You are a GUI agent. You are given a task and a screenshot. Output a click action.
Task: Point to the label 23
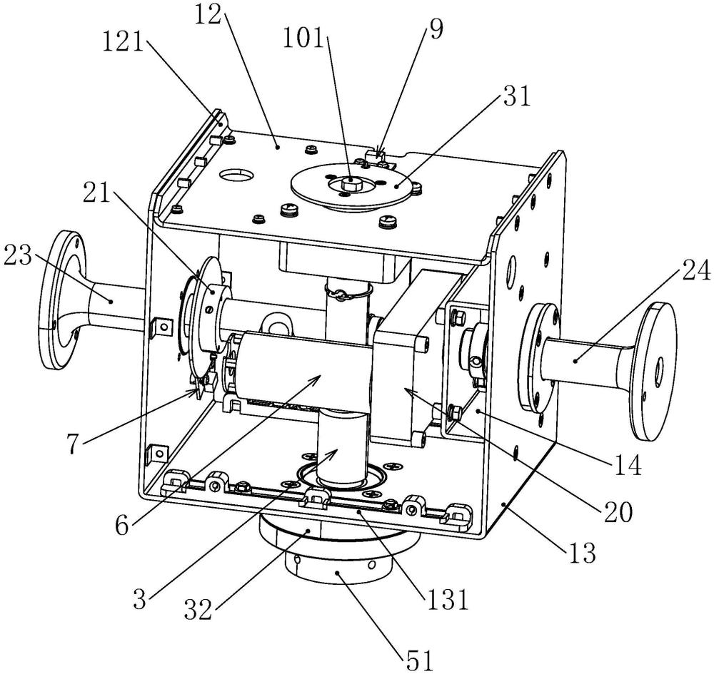[19, 253]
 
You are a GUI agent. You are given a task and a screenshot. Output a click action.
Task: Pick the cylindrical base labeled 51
[339, 571]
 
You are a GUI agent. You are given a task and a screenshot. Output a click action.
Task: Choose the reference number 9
[436, 30]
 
